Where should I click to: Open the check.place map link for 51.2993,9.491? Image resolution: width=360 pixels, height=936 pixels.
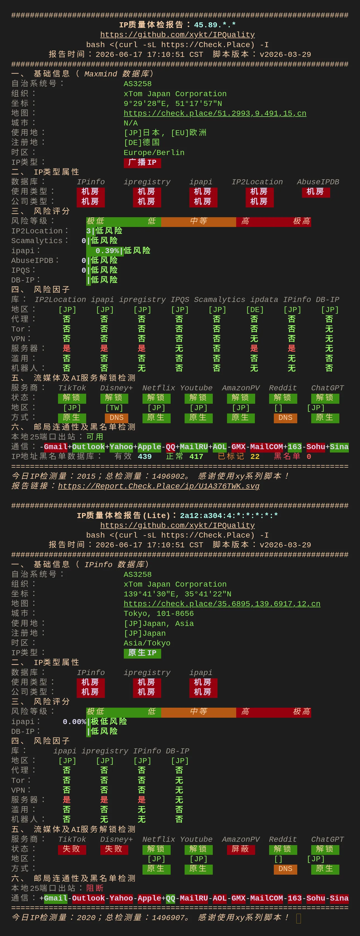pyautogui.click(x=215, y=113)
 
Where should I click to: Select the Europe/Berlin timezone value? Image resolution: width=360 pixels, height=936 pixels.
pyautogui.click(x=154, y=153)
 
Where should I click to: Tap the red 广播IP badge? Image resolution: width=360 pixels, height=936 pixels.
pyautogui.click(x=142, y=163)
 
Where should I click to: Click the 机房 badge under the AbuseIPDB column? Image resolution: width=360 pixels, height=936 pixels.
pyautogui.click(x=316, y=192)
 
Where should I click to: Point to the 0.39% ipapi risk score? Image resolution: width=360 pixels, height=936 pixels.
pyautogui.click(x=107, y=251)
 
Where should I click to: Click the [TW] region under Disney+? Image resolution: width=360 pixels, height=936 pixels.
pyautogui.click(x=114, y=408)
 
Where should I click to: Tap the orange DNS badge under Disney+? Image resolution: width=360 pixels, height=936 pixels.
pyautogui.click(x=117, y=418)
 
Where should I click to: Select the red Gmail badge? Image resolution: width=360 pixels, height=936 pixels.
pyautogui.click(x=55, y=447)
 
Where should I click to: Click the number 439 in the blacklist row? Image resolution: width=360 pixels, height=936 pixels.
pyautogui.click(x=144, y=457)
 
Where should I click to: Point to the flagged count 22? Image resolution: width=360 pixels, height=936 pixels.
pyautogui.click(x=255, y=457)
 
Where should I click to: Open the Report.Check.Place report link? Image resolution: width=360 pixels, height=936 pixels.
pyautogui.click(x=159, y=486)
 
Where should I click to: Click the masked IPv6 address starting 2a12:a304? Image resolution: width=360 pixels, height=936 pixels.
pyautogui.click(x=229, y=516)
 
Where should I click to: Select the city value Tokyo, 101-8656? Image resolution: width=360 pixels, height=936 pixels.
pyautogui.click(x=159, y=614)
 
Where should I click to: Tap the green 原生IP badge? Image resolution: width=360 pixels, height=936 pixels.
pyautogui.click(x=142, y=653)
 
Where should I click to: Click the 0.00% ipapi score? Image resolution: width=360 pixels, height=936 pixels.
pyautogui.click(x=74, y=722)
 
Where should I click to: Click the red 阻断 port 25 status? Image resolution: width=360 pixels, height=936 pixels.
pyautogui.click(x=95, y=888)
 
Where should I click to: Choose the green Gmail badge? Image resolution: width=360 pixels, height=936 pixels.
pyautogui.click(x=55, y=898)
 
